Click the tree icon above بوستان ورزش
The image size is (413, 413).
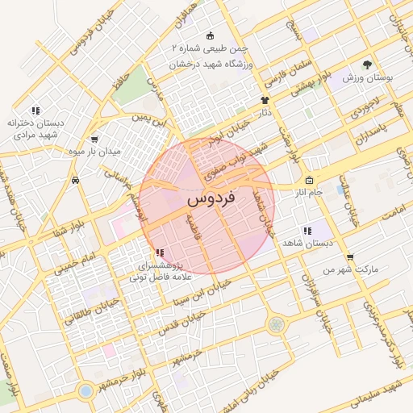[x=368, y=64]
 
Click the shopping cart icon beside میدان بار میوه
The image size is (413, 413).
[x=95, y=139]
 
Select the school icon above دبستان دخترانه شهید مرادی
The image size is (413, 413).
[x=35, y=111]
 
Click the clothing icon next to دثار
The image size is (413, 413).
[x=264, y=100]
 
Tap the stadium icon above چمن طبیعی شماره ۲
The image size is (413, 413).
[x=211, y=35]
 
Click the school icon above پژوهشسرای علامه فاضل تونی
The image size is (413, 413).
[x=157, y=252]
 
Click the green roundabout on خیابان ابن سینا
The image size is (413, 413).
[x=277, y=324]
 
